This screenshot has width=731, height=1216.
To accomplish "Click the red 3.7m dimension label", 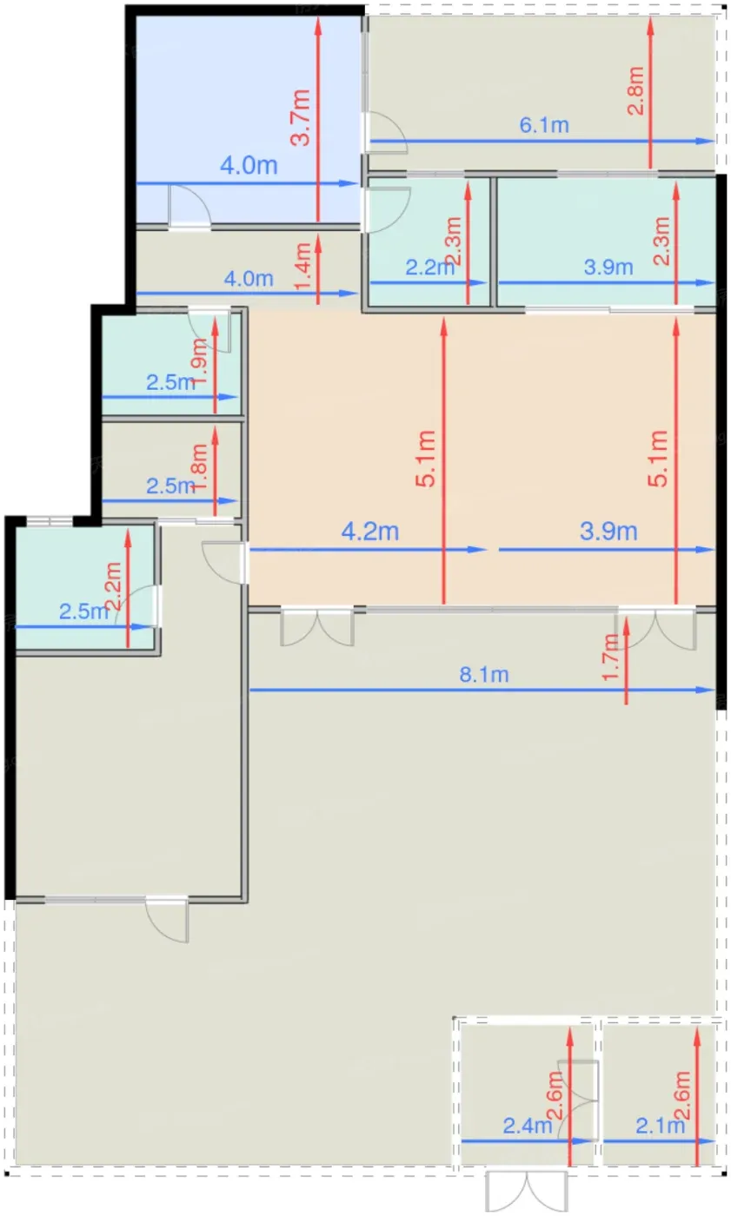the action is (301, 118).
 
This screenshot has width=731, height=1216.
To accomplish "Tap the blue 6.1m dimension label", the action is (544, 125).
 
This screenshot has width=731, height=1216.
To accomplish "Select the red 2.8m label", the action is (636, 90).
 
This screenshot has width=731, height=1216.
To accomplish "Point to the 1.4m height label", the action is (303, 266).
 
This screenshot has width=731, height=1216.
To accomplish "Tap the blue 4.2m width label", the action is (369, 532).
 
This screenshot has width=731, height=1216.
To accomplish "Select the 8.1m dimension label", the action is (484, 675).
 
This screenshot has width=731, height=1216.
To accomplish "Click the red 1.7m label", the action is (611, 658).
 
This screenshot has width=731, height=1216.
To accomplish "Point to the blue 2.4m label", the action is (528, 1126).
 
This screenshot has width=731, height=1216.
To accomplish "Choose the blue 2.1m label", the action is (660, 1126).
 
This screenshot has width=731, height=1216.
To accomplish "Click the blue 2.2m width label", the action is (429, 268).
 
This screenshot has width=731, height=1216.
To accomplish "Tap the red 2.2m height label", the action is (112, 586).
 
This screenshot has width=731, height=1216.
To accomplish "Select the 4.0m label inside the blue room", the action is (249, 166).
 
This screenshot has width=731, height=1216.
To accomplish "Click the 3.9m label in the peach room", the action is (608, 532).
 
